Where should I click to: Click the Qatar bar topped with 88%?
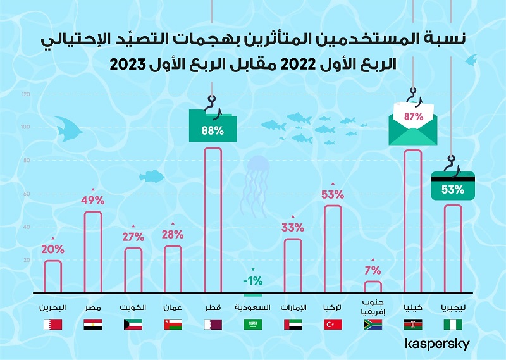click(x=213, y=221)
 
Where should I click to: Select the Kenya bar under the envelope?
click(x=413, y=222)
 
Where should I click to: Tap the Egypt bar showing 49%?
click(x=93, y=252)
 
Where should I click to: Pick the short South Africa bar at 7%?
click(x=373, y=287)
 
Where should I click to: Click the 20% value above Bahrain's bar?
click(x=52, y=249)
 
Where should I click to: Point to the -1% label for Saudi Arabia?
click(x=253, y=281)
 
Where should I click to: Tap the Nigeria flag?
click(x=453, y=325)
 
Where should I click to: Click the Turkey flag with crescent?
click(x=333, y=325)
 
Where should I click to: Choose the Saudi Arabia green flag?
click(x=253, y=325)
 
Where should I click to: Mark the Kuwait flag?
click(x=132, y=325)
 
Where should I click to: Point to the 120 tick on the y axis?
click(x=26, y=94)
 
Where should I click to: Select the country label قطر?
click(x=212, y=308)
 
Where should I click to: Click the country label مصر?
click(x=92, y=308)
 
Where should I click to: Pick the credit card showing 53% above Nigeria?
click(x=453, y=187)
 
